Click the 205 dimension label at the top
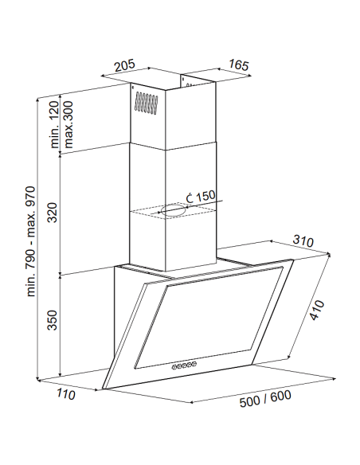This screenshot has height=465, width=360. (125, 65)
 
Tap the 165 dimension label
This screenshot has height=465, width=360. (239, 65)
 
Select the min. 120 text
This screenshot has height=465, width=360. (55, 124)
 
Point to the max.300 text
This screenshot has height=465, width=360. (68, 124)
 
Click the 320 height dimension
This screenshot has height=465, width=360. (53, 213)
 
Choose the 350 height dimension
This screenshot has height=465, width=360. (53, 320)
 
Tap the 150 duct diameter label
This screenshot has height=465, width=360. (205, 196)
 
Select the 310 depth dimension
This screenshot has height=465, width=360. (303, 240)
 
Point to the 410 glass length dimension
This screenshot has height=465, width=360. (317, 311)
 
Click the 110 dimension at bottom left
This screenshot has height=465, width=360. (66, 394)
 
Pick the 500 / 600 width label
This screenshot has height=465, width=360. (265, 399)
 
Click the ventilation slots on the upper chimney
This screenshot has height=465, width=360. (146, 103)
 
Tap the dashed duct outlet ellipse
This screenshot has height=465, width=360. (174, 210)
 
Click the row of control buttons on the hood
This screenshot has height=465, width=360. (184, 365)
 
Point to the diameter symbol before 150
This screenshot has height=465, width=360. (190, 197)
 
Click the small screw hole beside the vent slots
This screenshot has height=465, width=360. (132, 88)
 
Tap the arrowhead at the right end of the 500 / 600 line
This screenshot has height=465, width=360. (334, 378)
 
